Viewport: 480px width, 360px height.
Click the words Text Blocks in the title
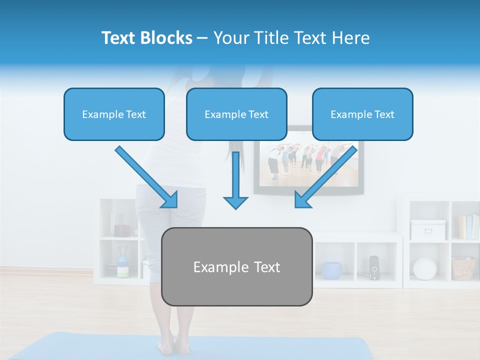point(146,38)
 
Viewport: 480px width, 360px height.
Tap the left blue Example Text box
point(114,114)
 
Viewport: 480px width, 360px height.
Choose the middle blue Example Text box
point(236,114)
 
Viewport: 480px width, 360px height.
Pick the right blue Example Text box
point(362,114)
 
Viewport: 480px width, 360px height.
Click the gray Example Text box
point(236,267)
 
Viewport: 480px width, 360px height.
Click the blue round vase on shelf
point(331,270)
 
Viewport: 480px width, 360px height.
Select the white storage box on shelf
point(427,229)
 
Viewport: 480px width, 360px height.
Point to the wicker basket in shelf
point(463,268)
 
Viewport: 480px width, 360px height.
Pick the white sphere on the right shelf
point(424,268)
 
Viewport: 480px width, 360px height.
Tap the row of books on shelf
point(468,227)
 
